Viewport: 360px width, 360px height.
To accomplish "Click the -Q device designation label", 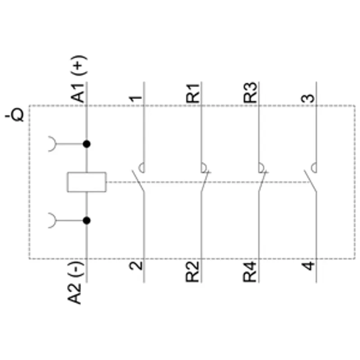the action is click(14, 114).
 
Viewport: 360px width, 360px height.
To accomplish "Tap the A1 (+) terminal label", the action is click(78, 79).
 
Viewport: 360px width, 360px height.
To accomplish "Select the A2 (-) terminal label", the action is click(75, 283).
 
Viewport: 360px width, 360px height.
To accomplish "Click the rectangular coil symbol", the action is click(87, 182).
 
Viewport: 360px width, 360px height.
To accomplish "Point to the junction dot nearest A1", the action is click(86, 144).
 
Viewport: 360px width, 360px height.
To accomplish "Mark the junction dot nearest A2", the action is click(86, 220).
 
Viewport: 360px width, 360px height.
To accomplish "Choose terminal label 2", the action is click(136, 265).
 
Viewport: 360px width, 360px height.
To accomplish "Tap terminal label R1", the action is click(193, 94).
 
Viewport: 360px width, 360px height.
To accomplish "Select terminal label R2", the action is click(192, 272).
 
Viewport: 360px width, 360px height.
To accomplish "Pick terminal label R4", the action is click(250, 272).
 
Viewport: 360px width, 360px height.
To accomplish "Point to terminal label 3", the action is click(308, 98).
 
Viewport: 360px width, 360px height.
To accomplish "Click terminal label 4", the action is click(308, 265).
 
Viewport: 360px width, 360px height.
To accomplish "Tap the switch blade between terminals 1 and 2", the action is click(138, 181).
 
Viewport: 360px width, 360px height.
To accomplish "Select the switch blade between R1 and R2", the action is click(205, 181).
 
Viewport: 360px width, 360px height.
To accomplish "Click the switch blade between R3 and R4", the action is click(262, 181).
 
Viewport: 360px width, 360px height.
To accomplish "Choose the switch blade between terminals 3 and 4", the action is click(310, 181).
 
